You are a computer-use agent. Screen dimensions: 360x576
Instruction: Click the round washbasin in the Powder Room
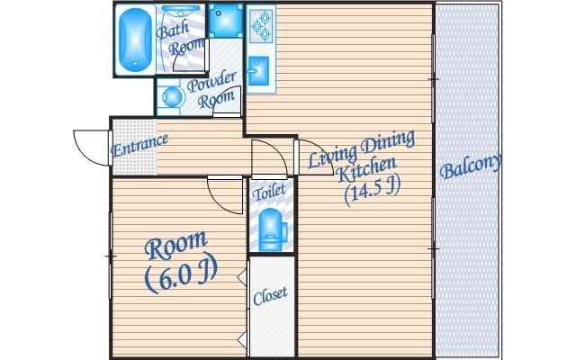(x=168, y=94)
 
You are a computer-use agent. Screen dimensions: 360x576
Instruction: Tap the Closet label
(x=270, y=296)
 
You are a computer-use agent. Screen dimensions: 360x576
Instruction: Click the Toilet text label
(x=269, y=192)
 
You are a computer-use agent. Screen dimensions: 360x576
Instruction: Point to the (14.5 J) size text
(x=371, y=191)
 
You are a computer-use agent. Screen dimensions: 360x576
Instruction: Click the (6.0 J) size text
(x=181, y=275)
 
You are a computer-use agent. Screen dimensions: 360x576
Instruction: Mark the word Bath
(x=173, y=31)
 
